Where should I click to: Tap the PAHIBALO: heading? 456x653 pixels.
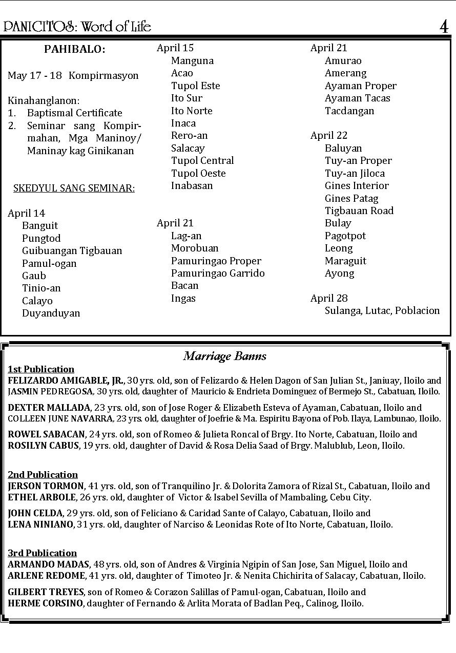click(x=74, y=50)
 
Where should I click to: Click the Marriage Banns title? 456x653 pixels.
click(x=224, y=356)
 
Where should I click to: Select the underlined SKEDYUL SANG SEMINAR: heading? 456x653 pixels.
click(x=74, y=188)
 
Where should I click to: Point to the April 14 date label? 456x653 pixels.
click(x=27, y=213)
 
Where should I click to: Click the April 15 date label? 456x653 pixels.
click(x=175, y=48)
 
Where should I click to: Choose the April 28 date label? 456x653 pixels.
click(x=329, y=298)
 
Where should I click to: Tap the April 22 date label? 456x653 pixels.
click(x=329, y=136)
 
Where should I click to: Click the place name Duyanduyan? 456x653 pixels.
click(x=51, y=313)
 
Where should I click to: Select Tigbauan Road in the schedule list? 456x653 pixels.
click(x=359, y=210)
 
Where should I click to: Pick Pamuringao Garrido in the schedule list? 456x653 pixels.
click(x=218, y=273)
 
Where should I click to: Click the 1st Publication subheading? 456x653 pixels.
click(x=41, y=369)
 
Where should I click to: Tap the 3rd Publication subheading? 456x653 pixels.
click(x=42, y=553)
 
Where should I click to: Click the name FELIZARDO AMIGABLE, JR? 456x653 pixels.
click(x=66, y=381)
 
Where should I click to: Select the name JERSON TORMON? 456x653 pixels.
click(x=46, y=486)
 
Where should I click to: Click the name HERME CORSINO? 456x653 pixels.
click(x=45, y=603)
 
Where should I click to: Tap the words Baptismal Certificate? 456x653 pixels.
click(x=75, y=113)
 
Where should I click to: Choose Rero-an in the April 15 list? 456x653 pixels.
click(x=190, y=136)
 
